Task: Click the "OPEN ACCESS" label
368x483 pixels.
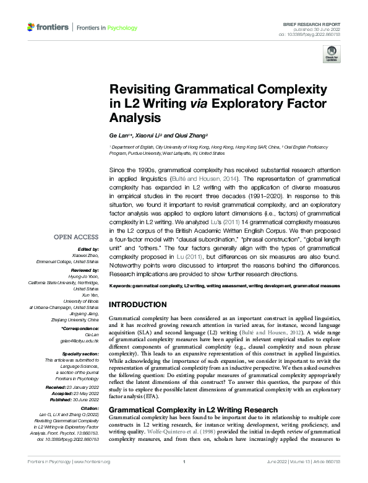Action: pyautogui.click(x=76, y=237)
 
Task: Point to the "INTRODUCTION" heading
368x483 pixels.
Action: pyautogui.click(x=142, y=305)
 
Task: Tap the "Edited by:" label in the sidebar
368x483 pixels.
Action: pyautogui.click(x=87, y=250)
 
